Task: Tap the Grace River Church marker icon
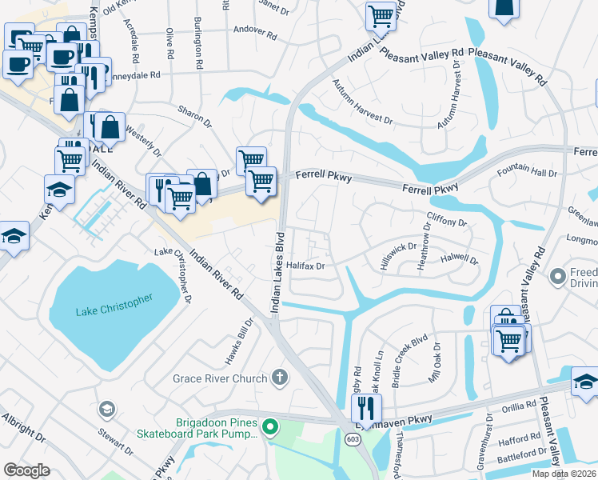[279, 376]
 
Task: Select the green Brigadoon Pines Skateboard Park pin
[269, 428]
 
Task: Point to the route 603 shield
[353, 439]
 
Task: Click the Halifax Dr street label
[305, 266]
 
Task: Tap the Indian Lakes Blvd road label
[277, 272]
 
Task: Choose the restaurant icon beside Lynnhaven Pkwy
[365, 408]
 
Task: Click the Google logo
[26, 470]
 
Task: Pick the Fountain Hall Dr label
[526, 173]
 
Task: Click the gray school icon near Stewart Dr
[106, 410]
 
